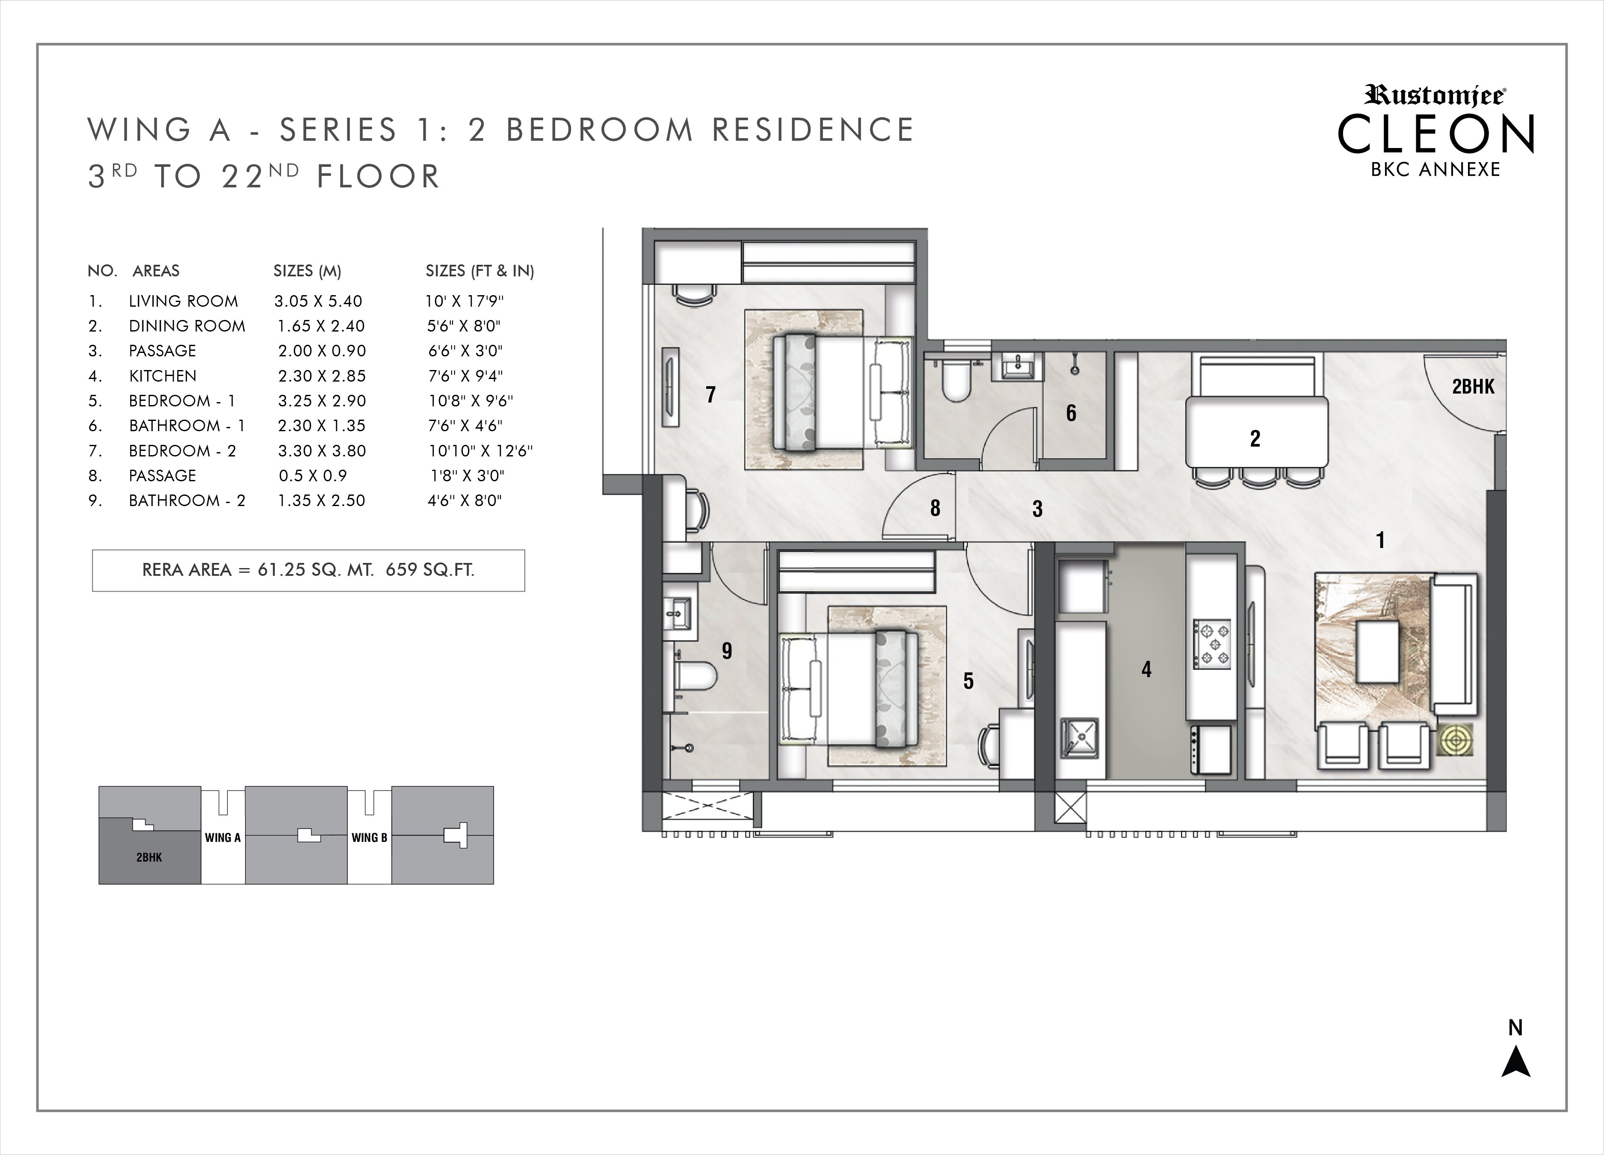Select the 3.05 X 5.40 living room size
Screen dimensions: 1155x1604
(318, 301)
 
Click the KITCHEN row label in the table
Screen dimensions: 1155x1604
(163, 376)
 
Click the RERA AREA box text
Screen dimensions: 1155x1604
(308, 570)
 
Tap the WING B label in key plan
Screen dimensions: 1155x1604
(369, 838)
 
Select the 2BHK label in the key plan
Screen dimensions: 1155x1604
(149, 857)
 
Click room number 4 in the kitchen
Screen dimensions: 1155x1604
(1146, 669)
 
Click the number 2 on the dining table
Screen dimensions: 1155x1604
(1255, 438)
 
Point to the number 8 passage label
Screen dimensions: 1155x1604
(935, 508)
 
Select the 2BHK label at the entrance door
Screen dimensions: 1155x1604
(1473, 387)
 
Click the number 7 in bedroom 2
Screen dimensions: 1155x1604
(711, 394)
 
